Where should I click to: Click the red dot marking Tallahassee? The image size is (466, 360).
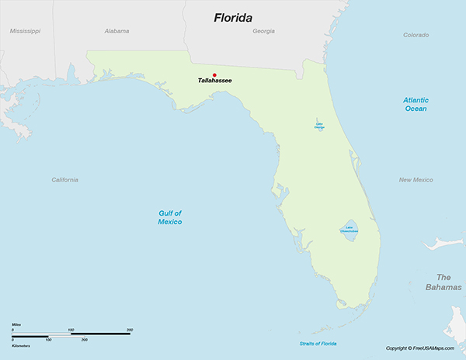tap(214, 75)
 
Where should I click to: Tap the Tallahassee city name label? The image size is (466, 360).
tap(214, 81)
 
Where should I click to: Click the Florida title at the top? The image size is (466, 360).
tap(238, 17)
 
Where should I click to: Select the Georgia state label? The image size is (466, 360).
tap(264, 31)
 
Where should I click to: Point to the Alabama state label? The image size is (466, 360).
tap(116, 31)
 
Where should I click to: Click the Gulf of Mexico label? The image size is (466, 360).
tap(170, 217)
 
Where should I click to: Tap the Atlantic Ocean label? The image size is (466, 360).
tap(416, 104)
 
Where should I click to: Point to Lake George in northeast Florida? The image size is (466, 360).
tap(320, 125)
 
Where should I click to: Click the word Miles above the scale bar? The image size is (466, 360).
tap(16, 324)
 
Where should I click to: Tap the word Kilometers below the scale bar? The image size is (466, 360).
tap(21, 345)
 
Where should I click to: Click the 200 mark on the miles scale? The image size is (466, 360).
tap(129, 330)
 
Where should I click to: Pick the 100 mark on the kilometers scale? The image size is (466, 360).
tap(48, 340)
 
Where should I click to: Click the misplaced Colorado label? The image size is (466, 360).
tap(416, 35)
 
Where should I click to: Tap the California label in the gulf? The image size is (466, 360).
tap(65, 180)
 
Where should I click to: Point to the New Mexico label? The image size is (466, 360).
tap(416, 180)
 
